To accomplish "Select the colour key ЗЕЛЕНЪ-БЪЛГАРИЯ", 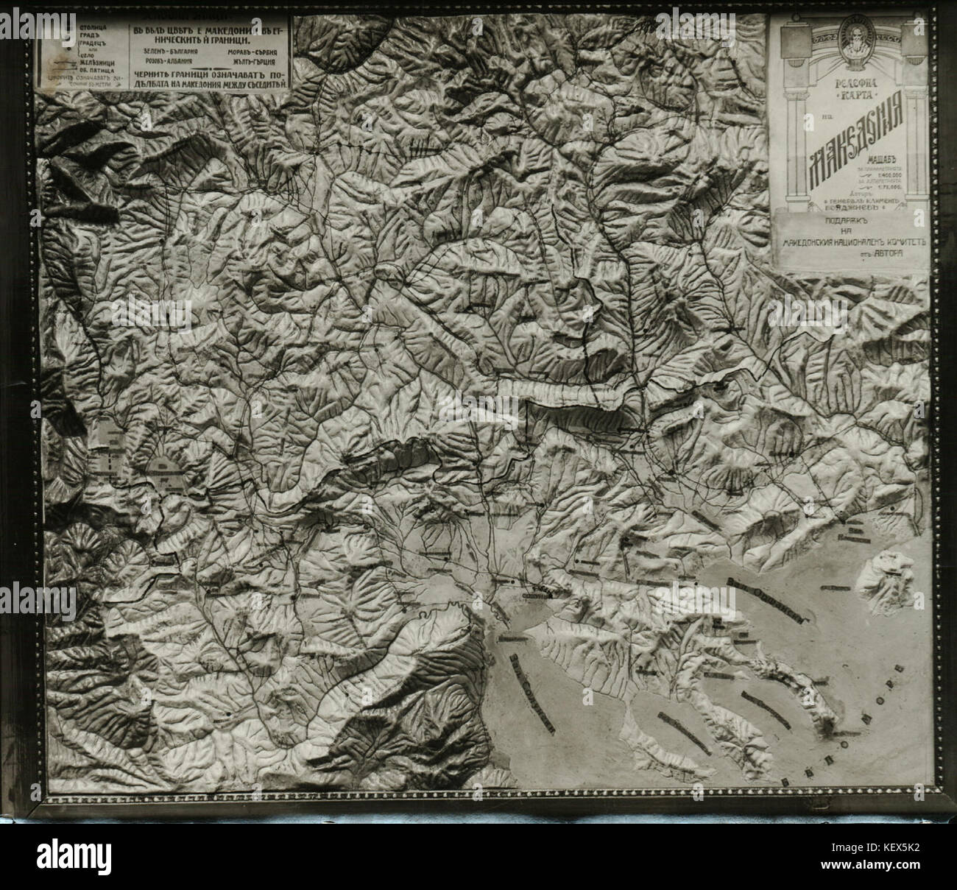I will click(x=174, y=51).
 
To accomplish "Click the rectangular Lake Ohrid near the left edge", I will click(x=113, y=454).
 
